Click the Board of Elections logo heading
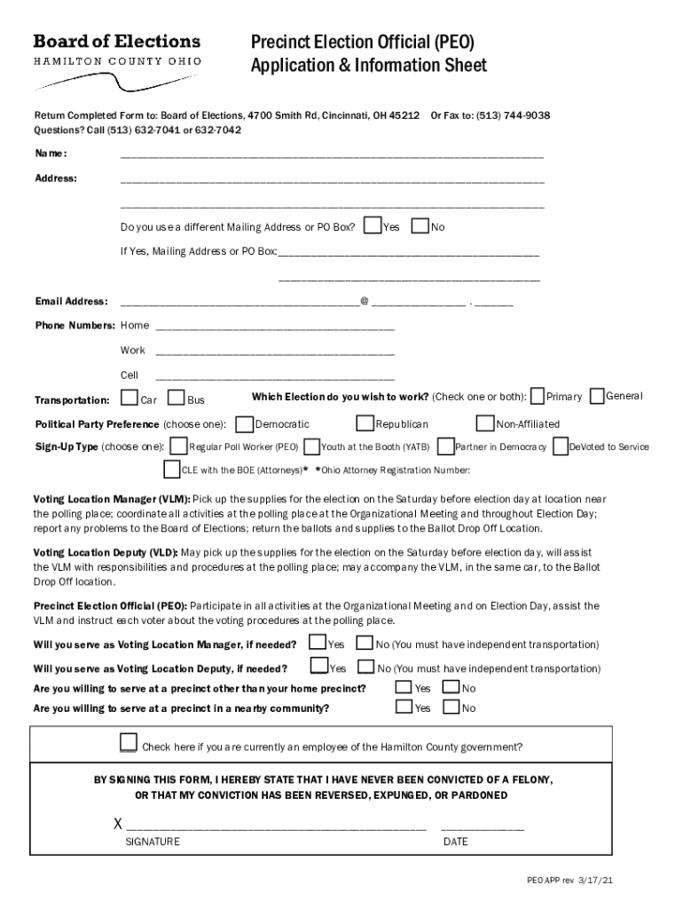(116, 42)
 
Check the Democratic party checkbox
(245, 423)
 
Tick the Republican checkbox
(365, 423)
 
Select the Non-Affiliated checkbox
(485, 423)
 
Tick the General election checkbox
(597, 395)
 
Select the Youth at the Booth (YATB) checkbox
(312, 446)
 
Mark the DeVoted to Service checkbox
(560, 446)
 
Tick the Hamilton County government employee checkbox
(129, 743)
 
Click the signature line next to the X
(275, 825)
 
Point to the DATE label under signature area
(455, 842)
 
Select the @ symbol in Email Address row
(365, 302)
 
